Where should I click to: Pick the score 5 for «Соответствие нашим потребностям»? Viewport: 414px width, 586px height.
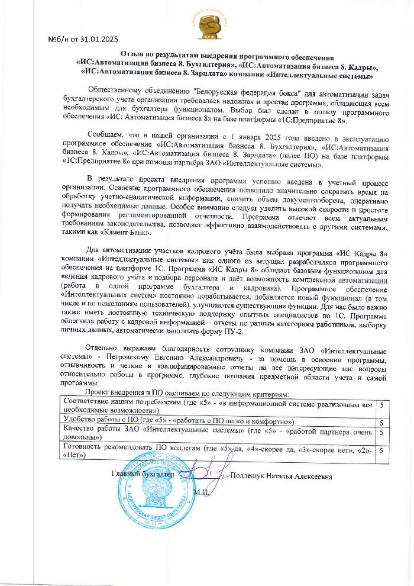pyautogui.click(x=382, y=405)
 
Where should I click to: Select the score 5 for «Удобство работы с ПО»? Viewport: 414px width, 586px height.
pyautogui.click(x=382, y=423)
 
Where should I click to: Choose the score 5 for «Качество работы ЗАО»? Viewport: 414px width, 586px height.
pyautogui.click(x=382, y=433)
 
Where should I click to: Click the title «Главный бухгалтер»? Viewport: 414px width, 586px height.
pyautogui.click(x=144, y=474)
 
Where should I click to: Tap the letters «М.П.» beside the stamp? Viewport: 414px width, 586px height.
pyautogui.click(x=201, y=491)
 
